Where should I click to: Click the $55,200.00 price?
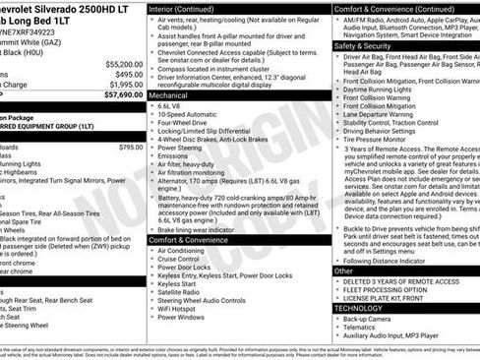coord(119,61)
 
